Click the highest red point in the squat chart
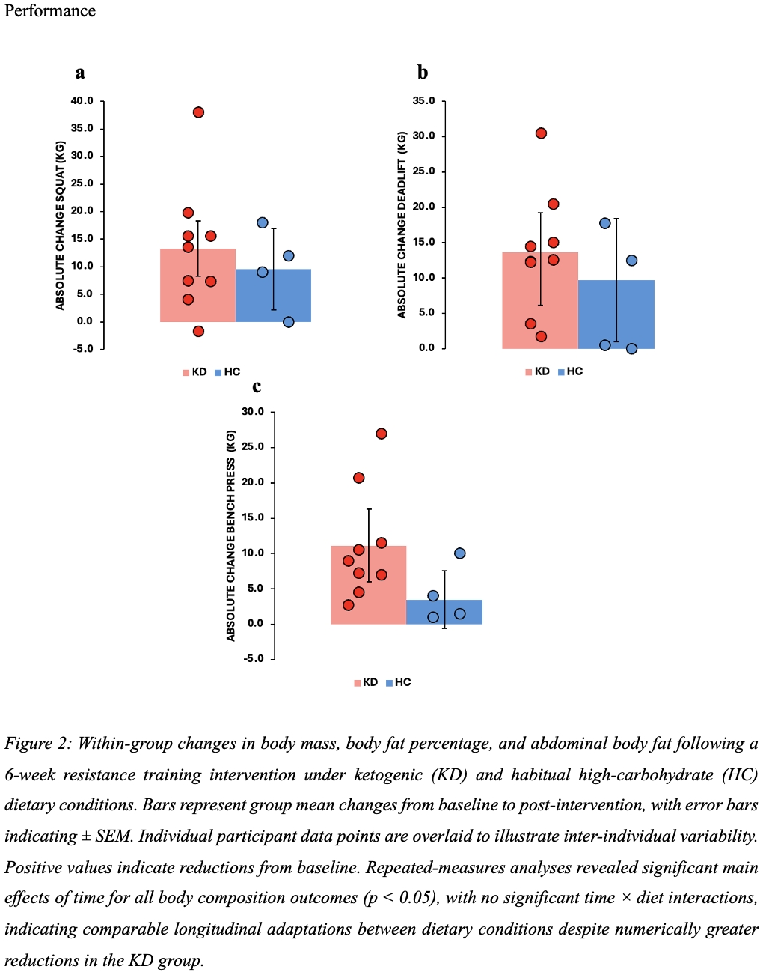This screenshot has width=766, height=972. [x=198, y=112]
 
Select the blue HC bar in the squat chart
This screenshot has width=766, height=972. [x=274, y=296]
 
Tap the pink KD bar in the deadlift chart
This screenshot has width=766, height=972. [x=540, y=300]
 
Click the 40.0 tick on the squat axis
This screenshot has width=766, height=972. [x=82, y=101]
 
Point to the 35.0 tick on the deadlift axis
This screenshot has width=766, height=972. [x=423, y=101]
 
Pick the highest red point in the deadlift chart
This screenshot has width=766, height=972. [x=541, y=133]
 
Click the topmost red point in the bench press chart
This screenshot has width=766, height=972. [x=382, y=434]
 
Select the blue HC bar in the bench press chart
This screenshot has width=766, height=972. [x=444, y=612]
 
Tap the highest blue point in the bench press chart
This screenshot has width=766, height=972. [x=459, y=553]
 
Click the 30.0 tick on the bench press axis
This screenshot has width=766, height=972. [x=253, y=412]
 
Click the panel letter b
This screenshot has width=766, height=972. [x=423, y=73]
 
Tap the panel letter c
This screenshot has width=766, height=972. [x=257, y=386]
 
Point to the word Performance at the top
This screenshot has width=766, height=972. [x=50, y=11]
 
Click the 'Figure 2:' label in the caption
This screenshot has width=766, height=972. [x=39, y=744]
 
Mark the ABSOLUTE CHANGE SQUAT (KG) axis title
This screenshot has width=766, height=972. [x=61, y=225]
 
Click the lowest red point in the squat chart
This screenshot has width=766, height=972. [x=198, y=331]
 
